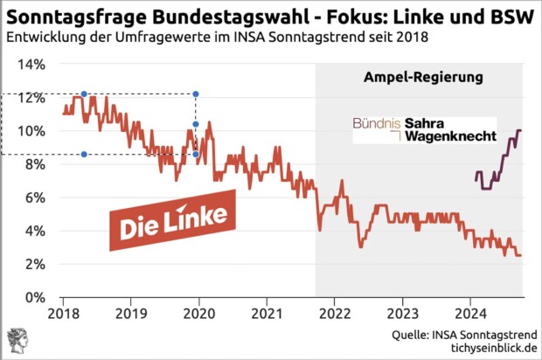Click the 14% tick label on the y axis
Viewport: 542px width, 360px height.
[x=31, y=65]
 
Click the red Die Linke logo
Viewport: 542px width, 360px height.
[x=173, y=220]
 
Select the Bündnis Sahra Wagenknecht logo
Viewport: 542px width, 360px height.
[x=424, y=129]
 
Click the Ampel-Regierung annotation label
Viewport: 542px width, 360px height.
[x=423, y=78]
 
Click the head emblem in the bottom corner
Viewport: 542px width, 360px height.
[x=17, y=341]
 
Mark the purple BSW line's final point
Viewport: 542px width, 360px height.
[x=521, y=131]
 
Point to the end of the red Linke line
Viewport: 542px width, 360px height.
[x=521, y=255]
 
